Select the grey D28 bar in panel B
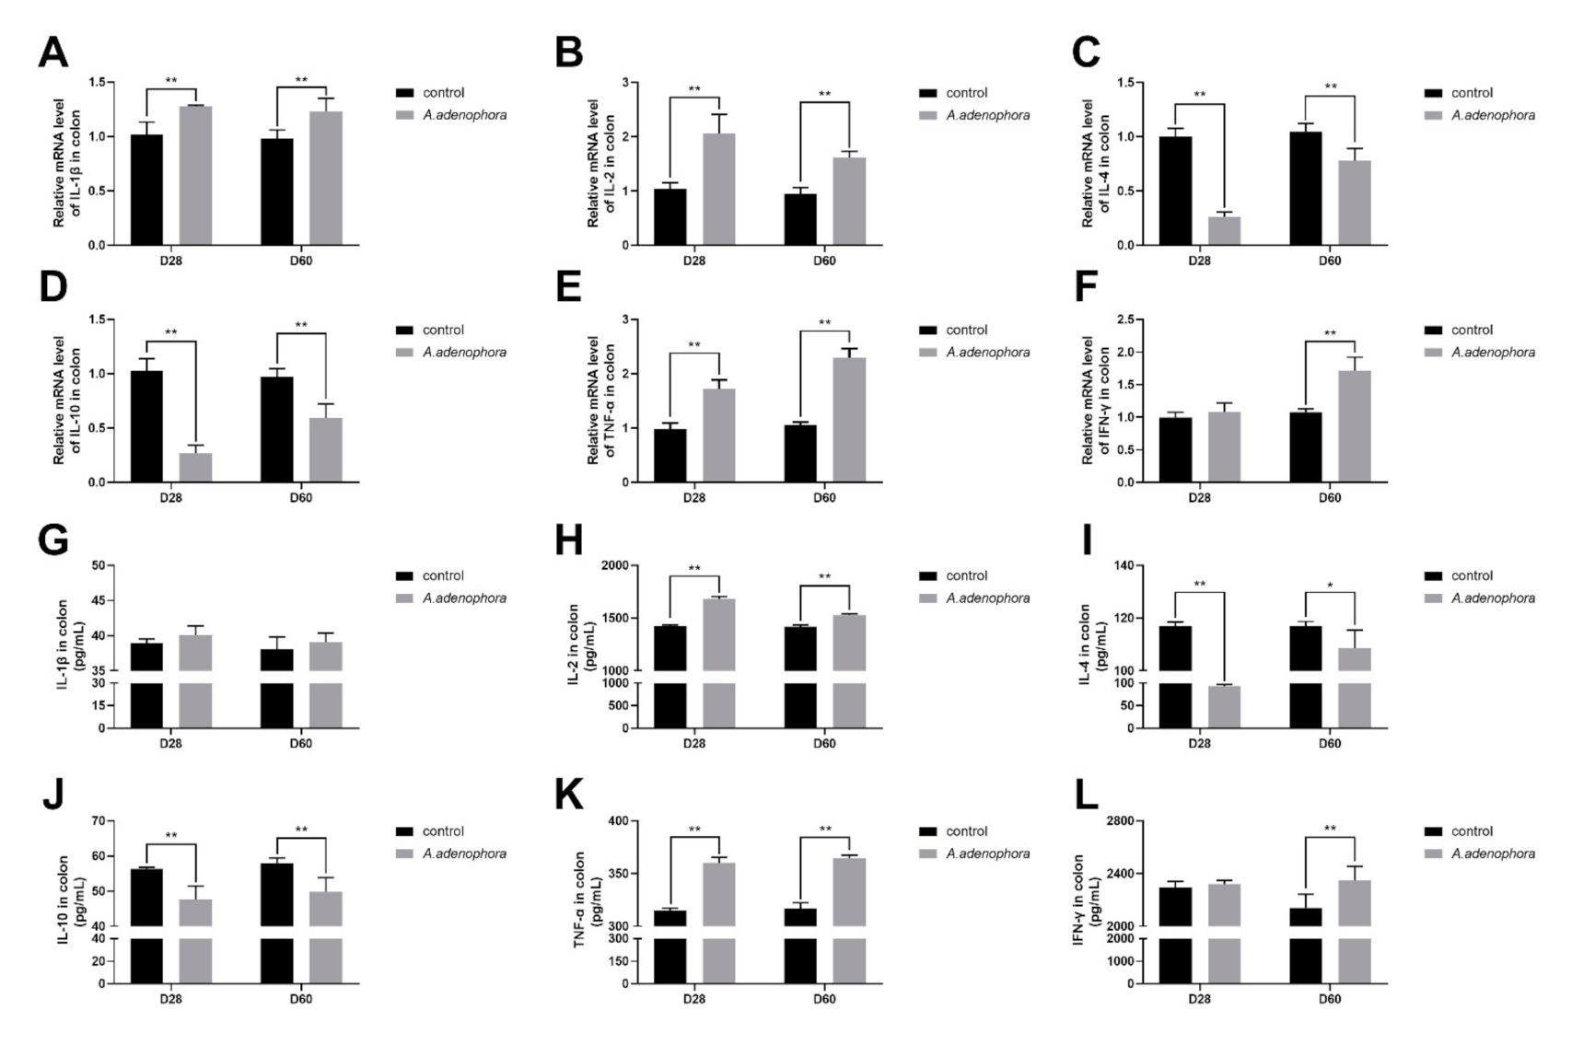(x=719, y=190)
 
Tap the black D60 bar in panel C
(x=1305, y=189)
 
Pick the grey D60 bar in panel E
(x=849, y=420)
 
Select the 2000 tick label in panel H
(x=615, y=565)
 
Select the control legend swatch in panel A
(x=404, y=93)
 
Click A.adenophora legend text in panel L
(x=1493, y=853)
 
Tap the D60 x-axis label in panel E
(x=824, y=498)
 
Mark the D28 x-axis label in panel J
(x=171, y=999)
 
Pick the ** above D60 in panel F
(x=1330, y=333)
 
